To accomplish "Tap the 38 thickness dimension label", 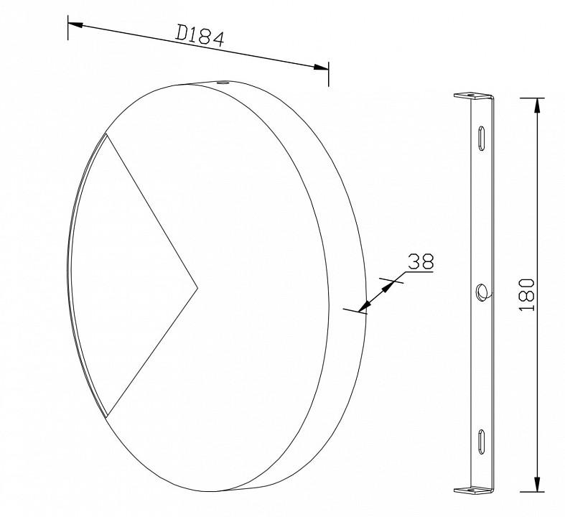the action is (421, 261).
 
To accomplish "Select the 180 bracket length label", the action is (527, 294).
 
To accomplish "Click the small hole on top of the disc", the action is (223, 83).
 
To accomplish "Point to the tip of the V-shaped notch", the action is (198, 288).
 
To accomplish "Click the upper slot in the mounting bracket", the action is (482, 138).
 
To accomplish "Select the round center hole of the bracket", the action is (482, 290).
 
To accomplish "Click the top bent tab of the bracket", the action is (472, 96).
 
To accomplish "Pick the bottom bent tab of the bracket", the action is (472, 490).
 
